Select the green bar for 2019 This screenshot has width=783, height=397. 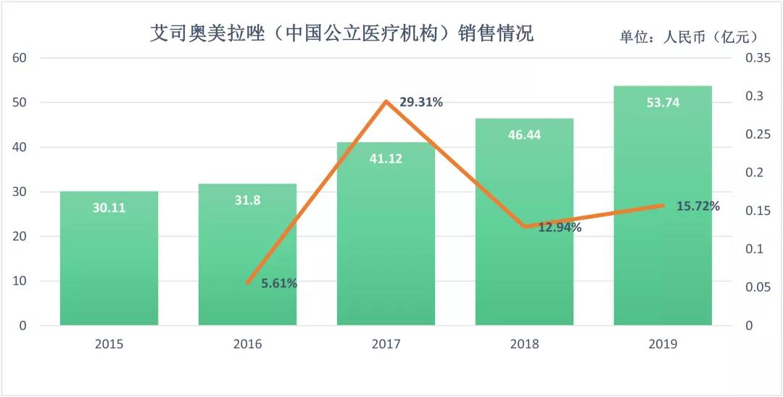(663, 218)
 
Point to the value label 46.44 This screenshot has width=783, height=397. (524, 134)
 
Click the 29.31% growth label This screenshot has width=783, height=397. (421, 102)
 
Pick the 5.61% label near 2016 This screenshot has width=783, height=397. (278, 284)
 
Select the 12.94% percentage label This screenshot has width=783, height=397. (560, 227)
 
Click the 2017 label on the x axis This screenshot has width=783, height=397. (386, 344)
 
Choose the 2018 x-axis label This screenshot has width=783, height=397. (524, 344)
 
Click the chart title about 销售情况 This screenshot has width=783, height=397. (341, 33)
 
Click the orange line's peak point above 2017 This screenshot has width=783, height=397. (386, 102)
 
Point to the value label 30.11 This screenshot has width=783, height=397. (109, 208)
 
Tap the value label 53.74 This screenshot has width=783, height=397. (663, 102)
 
